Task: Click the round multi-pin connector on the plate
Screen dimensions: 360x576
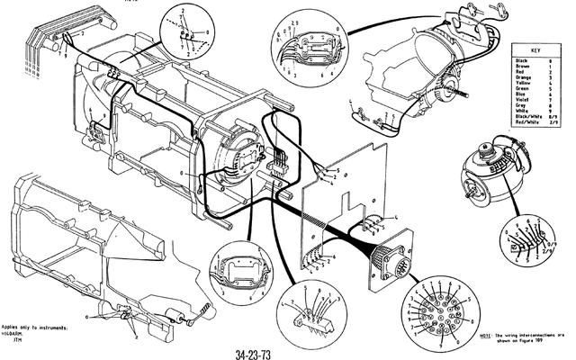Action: click(394, 262)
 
